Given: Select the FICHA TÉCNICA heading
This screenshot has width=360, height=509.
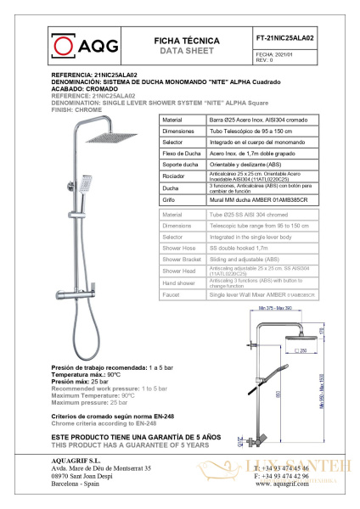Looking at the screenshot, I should [186, 40].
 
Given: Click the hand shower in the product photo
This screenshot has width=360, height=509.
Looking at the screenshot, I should [85, 182].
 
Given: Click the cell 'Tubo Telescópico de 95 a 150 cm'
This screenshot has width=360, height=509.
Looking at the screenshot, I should [254, 132].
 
